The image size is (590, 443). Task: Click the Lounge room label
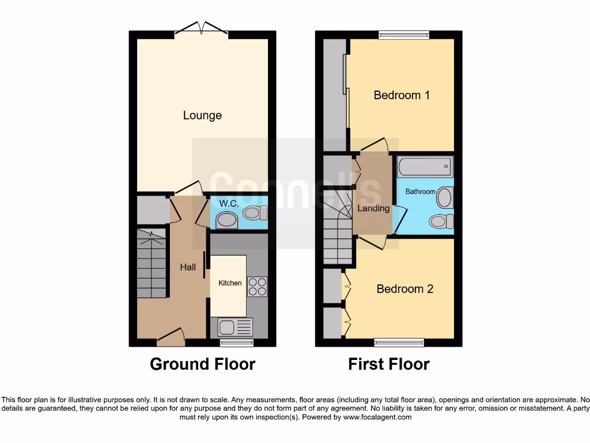202,115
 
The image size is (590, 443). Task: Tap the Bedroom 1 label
402,95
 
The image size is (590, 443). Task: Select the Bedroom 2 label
404,288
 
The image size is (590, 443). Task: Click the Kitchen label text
230,283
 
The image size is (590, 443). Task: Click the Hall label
188,267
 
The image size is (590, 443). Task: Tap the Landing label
373,208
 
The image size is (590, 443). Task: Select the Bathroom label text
420,192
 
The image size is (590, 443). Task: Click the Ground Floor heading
202,365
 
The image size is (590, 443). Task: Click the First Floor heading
388,365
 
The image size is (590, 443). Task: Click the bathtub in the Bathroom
425,167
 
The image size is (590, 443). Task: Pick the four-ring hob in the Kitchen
257,287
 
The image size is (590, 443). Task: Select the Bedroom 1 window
404,35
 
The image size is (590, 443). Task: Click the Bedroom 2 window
399,343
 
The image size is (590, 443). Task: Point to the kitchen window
237,343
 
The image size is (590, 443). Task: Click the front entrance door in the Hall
171,337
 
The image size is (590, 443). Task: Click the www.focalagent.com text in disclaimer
377,417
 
